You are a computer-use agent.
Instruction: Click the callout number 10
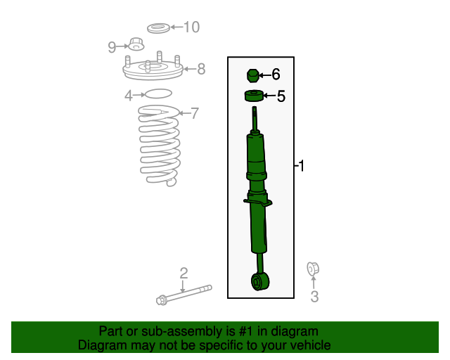click(x=191, y=27)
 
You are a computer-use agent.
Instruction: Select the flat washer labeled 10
click(x=158, y=28)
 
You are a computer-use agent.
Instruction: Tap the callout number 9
click(x=112, y=47)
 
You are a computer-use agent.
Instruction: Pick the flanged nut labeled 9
click(x=136, y=44)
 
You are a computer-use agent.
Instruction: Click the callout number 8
click(x=201, y=69)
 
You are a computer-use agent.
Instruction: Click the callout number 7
click(x=195, y=113)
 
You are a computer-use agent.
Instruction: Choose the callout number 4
click(x=129, y=96)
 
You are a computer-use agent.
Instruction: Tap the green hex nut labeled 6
click(x=253, y=76)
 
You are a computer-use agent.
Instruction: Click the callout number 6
click(x=276, y=75)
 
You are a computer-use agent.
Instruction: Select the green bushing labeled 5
click(x=254, y=96)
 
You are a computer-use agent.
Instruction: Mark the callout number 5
click(x=281, y=96)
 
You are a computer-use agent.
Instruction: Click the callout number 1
click(x=301, y=166)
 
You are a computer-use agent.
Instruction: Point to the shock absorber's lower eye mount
click(x=260, y=282)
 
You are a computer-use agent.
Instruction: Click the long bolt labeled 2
click(x=184, y=295)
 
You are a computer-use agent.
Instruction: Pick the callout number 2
click(x=184, y=273)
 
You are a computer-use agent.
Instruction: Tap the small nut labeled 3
click(x=313, y=269)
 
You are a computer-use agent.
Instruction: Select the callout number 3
click(x=314, y=297)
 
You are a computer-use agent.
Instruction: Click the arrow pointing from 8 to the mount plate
click(x=190, y=69)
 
